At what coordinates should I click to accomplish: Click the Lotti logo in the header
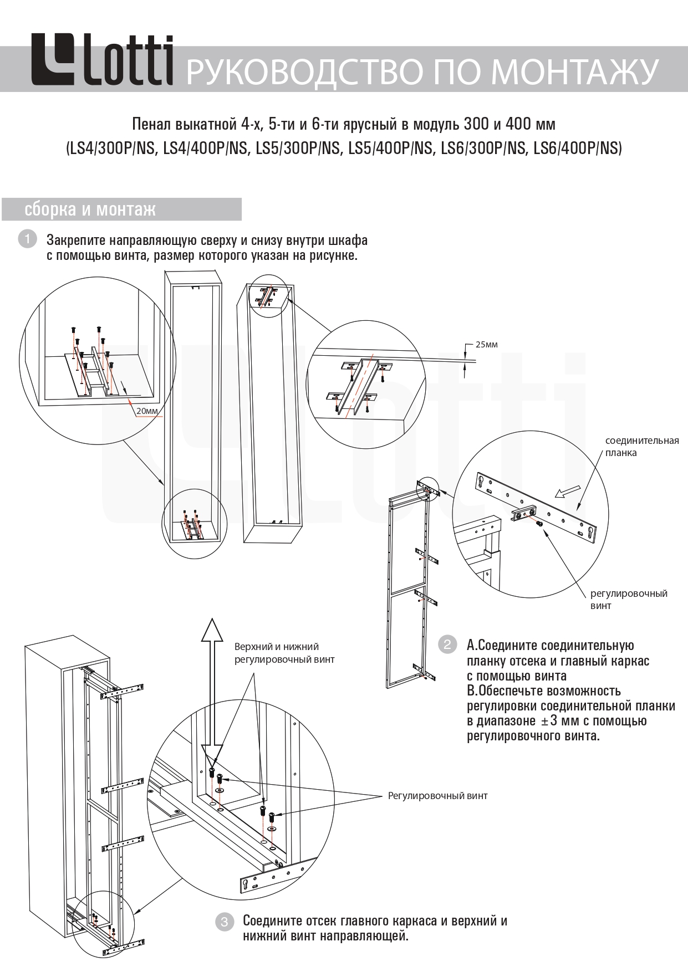[x=101, y=60]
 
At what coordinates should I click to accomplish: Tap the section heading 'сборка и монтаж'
[x=90, y=209]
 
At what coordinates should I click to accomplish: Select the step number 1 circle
[x=27, y=239]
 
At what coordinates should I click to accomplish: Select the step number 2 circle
[x=447, y=644]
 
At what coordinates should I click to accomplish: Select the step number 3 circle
[x=224, y=922]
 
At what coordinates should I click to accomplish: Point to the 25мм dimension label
[x=486, y=345]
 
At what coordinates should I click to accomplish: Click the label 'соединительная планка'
[x=641, y=447]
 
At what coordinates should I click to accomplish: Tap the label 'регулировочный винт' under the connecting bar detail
[x=628, y=600]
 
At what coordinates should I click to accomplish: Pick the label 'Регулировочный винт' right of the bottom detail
[x=437, y=796]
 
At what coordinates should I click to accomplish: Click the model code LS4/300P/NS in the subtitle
[x=112, y=149]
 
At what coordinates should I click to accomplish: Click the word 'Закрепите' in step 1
[x=75, y=241]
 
